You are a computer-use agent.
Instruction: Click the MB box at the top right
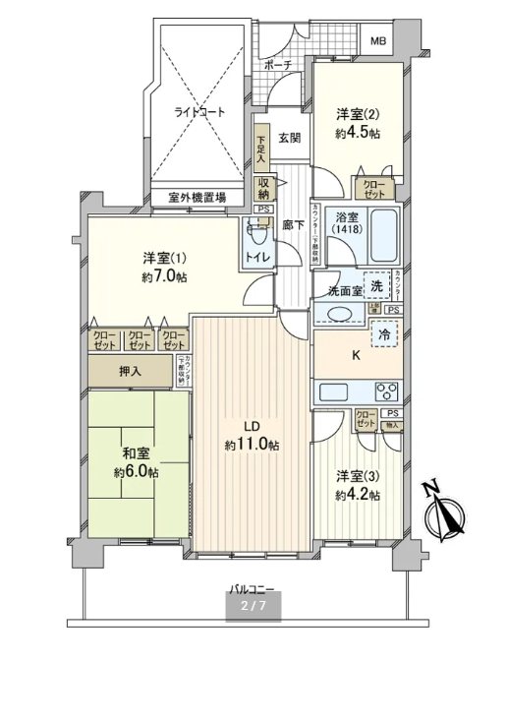coord(378,41)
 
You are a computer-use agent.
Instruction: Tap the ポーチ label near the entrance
coord(278,65)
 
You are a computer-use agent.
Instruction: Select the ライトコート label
coord(199,112)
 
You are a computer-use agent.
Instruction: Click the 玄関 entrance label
coord(288,138)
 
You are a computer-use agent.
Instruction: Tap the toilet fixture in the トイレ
coord(259,234)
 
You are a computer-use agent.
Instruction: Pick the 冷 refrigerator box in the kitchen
coord(385,334)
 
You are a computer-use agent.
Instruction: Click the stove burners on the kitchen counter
coord(383,391)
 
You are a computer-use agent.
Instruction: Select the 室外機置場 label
coord(197,198)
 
